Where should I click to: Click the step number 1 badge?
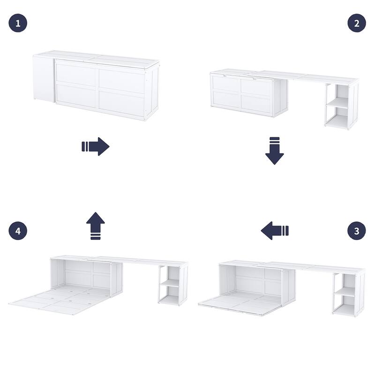pos(18,23)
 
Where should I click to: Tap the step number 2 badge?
pos(356,23)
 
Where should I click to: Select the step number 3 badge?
pos(356,231)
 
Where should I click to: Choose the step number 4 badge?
pos(18,231)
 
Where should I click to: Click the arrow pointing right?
pos(96,146)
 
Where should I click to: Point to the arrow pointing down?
pos(275,150)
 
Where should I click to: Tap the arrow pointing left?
pos(275,231)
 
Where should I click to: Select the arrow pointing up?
pos(96,225)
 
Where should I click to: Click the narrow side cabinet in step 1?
pos(43,78)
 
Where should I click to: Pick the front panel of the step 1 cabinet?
pos(99,88)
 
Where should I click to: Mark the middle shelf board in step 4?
pos(170,283)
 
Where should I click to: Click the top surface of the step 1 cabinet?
pos(96,58)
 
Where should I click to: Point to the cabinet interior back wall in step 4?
pos(87,274)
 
